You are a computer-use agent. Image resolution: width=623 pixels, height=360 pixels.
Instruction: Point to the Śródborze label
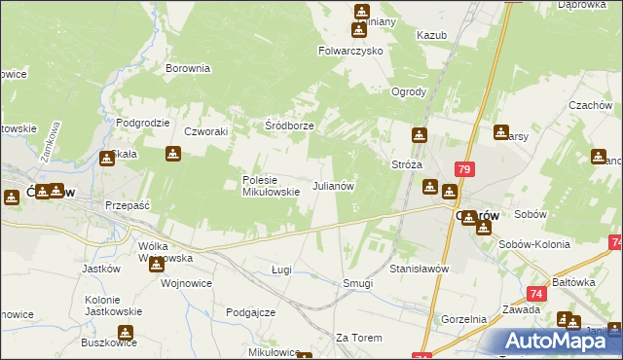click(x=289, y=126)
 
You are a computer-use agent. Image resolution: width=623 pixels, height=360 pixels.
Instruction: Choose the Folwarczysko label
click(x=350, y=51)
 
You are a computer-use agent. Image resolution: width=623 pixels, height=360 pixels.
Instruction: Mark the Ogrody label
click(x=409, y=92)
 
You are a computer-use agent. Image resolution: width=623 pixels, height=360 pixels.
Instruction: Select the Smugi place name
click(x=358, y=284)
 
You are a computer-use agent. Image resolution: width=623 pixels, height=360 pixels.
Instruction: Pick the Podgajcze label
click(x=251, y=312)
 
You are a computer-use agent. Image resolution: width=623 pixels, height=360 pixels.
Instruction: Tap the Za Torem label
click(x=355, y=338)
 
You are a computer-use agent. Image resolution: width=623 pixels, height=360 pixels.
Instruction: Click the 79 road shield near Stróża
click(x=463, y=169)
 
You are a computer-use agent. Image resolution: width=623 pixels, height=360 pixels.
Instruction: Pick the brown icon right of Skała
click(x=172, y=154)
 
